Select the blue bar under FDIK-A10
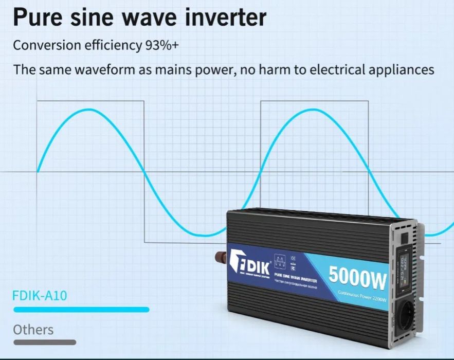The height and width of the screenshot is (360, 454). tap(81, 310)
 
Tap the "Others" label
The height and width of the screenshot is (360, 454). tap(33, 329)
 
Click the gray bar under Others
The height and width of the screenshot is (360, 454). tap(45, 342)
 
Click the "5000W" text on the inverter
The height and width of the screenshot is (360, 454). tap(357, 278)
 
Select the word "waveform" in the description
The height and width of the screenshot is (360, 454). tap(106, 69)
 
